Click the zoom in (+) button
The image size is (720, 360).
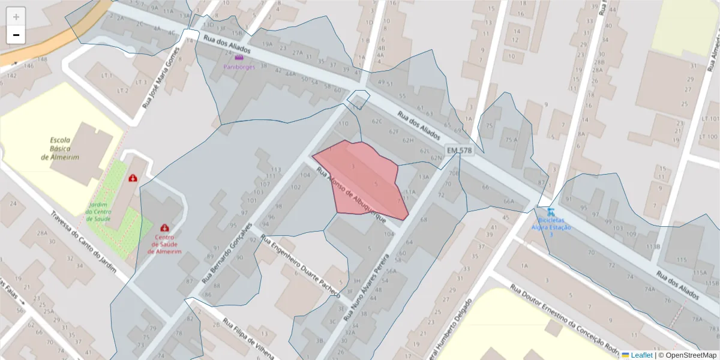16,17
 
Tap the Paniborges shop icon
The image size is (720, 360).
239,58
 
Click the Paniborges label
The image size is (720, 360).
239,67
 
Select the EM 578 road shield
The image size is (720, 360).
460,149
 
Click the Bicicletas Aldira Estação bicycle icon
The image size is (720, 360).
550,212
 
